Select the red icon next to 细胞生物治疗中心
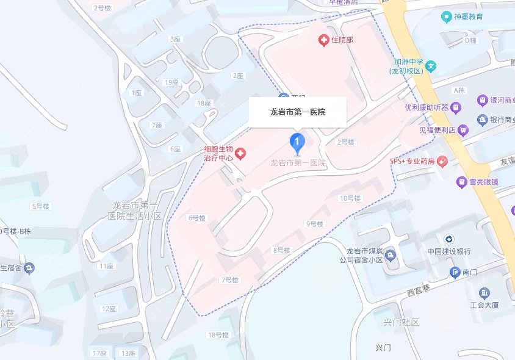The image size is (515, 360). [x=240, y=153]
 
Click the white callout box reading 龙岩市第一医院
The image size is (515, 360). [x=298, y=112]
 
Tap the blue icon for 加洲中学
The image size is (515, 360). [x=431, y=66]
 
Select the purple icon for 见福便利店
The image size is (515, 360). [x=464, y=129]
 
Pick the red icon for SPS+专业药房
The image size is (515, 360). [x=442, y=162]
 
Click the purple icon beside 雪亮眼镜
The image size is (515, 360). [x=461, y=181]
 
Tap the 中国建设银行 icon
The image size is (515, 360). [x=448, y=239]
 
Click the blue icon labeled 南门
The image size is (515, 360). [x=455, y=272]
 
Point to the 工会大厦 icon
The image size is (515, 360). [x=484, y=293]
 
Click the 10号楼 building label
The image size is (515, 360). [x=350, y=198]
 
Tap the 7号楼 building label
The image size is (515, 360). [x=229, y=280]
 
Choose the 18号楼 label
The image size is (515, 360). [x=218, y=335]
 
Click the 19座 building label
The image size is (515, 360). [x=171, y=82]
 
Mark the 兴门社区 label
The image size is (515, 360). [x=401, y=322]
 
